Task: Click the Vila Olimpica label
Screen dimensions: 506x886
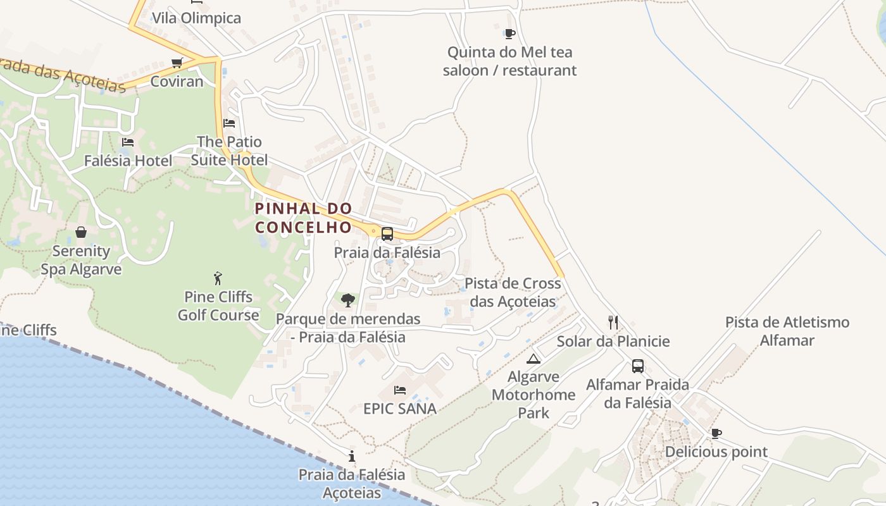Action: [x=196, y=18]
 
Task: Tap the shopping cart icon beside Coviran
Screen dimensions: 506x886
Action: [x=177, y=63]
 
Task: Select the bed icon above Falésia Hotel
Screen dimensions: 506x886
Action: [x=128, y=142]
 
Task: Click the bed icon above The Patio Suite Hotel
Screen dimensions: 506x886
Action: [x=229, y=123]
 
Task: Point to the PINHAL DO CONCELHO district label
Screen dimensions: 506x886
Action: [x=303, y=218]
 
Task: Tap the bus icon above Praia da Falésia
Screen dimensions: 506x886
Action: [x=387, y=234]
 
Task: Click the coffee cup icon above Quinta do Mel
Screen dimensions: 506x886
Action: [x=509, y=34]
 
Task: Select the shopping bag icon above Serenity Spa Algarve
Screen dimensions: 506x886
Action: [x=81, y=232]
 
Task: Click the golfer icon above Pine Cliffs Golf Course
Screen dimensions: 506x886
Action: [x=218, y=278]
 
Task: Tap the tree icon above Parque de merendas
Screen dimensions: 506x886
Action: [x=347, y=300]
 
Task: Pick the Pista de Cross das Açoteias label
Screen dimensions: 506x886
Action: [x=513, y=292]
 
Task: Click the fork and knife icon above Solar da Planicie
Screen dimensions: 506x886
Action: [x=613, y=323]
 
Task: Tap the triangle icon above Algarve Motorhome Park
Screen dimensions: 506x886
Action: [x=533, y=359]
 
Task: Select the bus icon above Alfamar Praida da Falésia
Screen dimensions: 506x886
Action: [x=638, y=366]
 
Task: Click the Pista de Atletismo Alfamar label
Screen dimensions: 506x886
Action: [x=787, y=331]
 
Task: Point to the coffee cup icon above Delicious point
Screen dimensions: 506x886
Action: [x=716, y=433]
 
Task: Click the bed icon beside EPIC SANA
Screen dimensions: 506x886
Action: [x=400, y=390]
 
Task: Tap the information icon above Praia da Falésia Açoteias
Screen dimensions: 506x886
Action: [x=352, y=456]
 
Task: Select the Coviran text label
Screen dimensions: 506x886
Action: [x=177, y=82]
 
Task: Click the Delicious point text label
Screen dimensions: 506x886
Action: [x=716, y=452]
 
